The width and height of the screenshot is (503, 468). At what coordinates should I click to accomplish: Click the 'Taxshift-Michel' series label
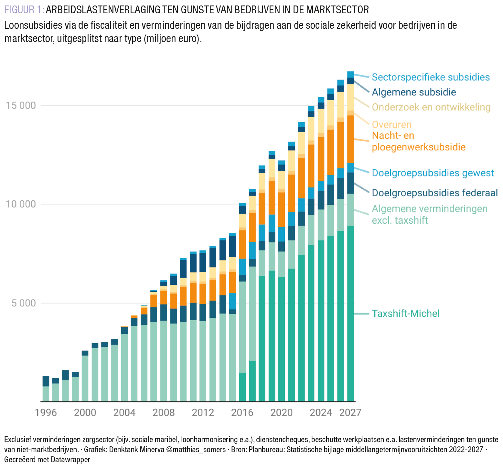pyautogui.click(x=405, y=314)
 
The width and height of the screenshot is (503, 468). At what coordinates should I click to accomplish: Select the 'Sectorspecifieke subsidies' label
pyautogui.click(x=431, y=77)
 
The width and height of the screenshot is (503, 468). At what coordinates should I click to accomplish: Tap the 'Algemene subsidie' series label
pyautogui.click(x=414, y=92)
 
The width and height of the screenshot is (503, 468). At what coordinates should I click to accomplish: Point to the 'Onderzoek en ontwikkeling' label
pyautogui.click(x=431, y=107)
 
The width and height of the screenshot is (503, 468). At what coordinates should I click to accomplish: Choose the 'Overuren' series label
pyautogui.click(x=391, y=124)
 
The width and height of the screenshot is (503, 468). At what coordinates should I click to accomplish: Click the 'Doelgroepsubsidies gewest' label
pyautogui.click(x=433, y=173)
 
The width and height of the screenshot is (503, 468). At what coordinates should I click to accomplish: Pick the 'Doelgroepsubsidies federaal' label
pyautogui.click(x=435, y=193)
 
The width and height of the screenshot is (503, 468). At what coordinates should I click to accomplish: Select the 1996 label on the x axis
pyautogui.click(x=46, y=413)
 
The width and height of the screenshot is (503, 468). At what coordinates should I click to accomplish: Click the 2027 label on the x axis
pyautogui.click(x=350, y=413)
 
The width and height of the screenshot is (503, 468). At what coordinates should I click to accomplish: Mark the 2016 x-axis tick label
pyautogui.click(x=242, y=413)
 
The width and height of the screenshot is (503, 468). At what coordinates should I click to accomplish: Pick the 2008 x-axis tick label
pyautogui.click(x=164, y=413)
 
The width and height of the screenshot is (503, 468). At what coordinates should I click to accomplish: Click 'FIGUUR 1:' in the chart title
pyautogui.click(x=24, y=10)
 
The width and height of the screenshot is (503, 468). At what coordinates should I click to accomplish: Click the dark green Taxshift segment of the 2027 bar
pyautogui.click(x=350, y=314)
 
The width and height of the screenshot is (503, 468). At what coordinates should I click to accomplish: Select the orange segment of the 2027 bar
pyautogui.click(x=350, y=139)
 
